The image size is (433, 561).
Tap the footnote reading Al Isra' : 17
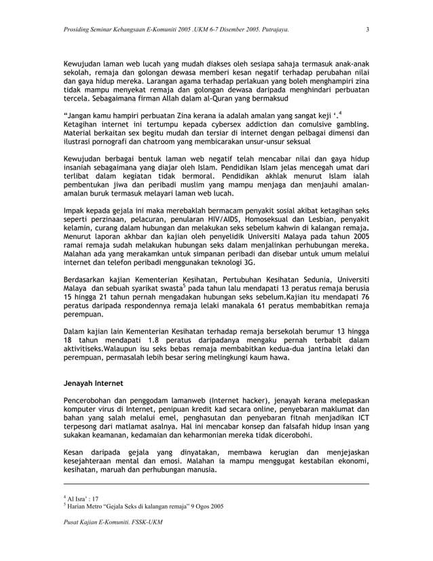(x=82, y=499)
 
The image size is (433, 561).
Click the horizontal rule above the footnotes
(x=216, y=485)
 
